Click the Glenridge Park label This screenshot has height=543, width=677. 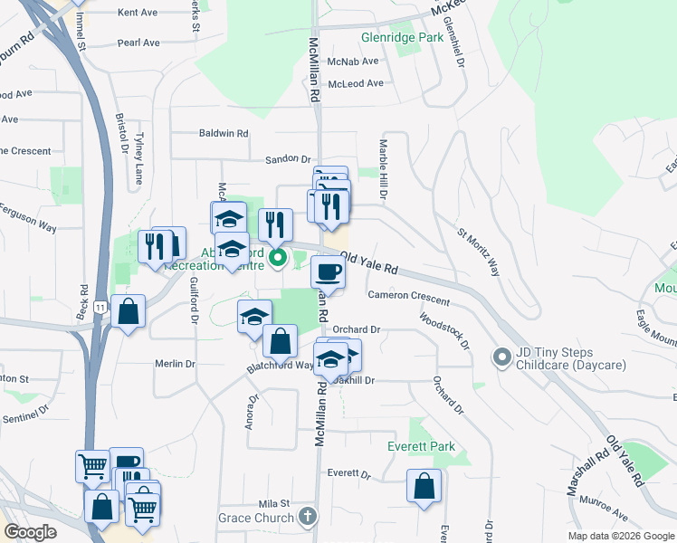click(x=402, y=38)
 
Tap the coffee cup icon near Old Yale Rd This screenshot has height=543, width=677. click(x=327, y=271)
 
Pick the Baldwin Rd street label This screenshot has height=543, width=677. click(x=224, y=133)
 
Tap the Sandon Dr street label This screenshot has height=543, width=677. click(x=288, y=159)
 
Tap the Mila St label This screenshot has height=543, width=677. click(x=272, y=503)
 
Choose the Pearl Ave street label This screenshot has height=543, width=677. click(x=138, y=43)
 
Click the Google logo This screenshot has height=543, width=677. click(x=30, y=532)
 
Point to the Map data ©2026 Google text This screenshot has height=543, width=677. click(x=621, y=536)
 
